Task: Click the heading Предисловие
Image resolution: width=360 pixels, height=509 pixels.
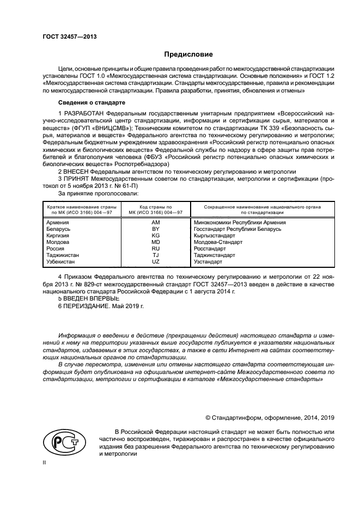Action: (189, 54)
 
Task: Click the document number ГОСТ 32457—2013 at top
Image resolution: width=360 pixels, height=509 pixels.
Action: (66, 36)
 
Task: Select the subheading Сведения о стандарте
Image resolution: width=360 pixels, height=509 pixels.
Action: (92, 102)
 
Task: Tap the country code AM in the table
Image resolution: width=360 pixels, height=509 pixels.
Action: (156, 222)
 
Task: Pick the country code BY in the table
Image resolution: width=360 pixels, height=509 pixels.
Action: (156, 229)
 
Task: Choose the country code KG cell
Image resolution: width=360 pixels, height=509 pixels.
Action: (156, 236)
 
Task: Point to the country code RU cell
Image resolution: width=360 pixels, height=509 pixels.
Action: (156, 248)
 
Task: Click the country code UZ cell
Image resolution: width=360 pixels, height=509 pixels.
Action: (156, 261)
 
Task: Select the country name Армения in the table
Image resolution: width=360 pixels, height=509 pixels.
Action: (58, 222)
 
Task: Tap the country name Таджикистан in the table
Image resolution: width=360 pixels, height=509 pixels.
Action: (63, 255)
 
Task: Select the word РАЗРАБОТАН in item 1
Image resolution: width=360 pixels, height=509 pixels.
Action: (84, 112)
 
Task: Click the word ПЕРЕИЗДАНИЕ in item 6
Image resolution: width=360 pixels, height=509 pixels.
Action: (86, 307)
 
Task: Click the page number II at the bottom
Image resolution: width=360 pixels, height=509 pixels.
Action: (45, 461)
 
